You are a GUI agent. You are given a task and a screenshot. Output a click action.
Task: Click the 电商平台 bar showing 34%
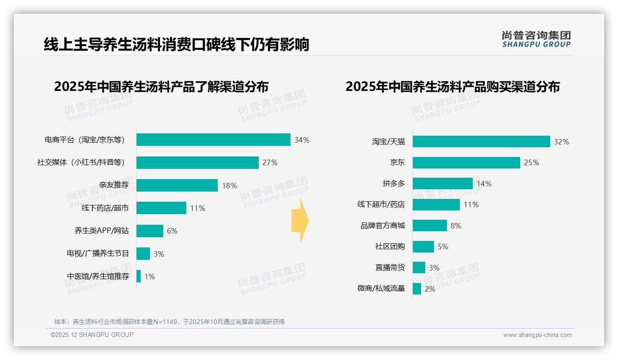click(x=213, y=140)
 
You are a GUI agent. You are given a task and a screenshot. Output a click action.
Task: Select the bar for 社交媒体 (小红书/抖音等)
click(x=197, y=162)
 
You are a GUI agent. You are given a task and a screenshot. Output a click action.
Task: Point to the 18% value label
click(x=229, y=186)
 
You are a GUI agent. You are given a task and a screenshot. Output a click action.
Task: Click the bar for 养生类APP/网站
click(x=150, y=231)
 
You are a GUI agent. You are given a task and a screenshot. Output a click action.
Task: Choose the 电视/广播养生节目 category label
click(x=98, y=253)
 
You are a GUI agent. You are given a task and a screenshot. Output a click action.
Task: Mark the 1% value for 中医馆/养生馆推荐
click(x=149, y=276)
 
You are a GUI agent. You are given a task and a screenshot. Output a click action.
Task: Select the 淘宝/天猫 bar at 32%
click(x=481, y=142)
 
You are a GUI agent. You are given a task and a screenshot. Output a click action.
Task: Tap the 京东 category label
click(x=397, y=162)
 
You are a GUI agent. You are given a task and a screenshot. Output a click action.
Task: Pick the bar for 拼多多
click(x=443, y=183)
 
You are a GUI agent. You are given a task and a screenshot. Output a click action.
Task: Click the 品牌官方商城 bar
click(x=429, y=225)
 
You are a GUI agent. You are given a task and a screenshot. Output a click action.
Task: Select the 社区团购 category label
click(x=390, y=246)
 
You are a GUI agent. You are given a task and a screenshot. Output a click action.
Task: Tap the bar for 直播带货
click(x=419, y=267)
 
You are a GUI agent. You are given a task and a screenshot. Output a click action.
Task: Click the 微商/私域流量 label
click(x=381, y=288)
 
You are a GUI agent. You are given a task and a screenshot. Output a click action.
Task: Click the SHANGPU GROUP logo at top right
click(x=536, y=39)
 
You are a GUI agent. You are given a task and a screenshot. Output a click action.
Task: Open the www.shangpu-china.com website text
click(x=537, y=335)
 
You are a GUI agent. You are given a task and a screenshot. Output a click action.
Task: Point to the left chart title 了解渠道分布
click(x=161, y=87)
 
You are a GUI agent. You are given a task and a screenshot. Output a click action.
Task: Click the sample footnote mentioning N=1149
click(x=169, y=322)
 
